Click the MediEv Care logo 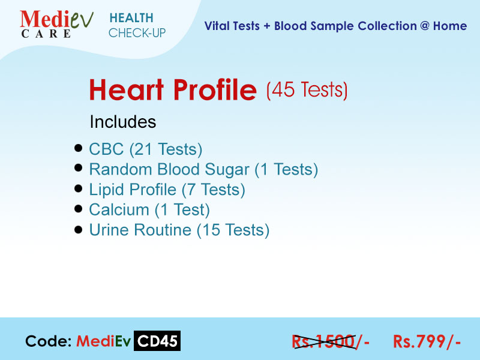point(56,24)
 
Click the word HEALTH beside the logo point(131,18)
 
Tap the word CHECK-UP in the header point(137,33)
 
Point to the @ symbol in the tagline point(425,26)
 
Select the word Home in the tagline point(450,26)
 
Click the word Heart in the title point(126,89)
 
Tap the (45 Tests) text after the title point(307,90)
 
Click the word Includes point(123,122)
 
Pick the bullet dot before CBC point(79,148)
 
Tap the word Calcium point(119,210)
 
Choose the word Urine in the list point(109,230)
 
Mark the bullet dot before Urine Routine point(79,230)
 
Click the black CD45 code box point(157,341)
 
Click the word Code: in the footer point(49,341)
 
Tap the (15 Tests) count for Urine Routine point(233,230)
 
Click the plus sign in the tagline point(267,26)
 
